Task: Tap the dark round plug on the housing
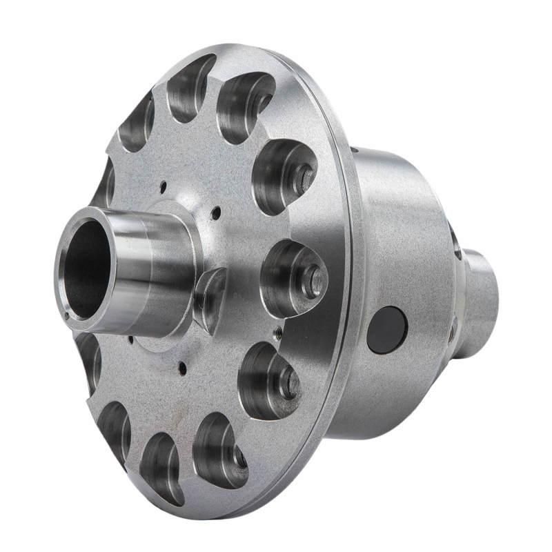tap(387, 330)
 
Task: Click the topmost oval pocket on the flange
tap(189, 86)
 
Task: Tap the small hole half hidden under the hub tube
tap(130, 339)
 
